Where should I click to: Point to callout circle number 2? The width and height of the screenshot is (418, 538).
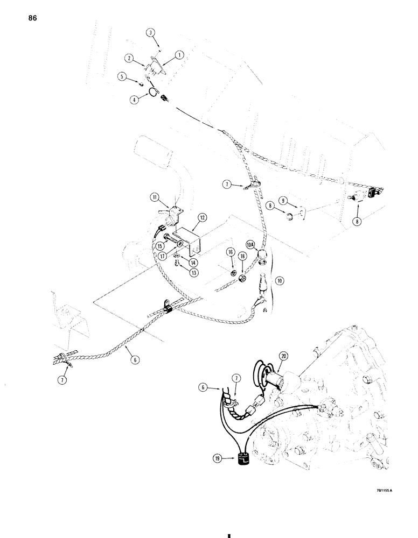pyautogui.click(x=130, y=56)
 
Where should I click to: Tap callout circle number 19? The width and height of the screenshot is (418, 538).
pyautogui.click(x=218, y=459)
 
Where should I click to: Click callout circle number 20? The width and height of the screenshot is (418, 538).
pyautogui.click(x=284, y=355)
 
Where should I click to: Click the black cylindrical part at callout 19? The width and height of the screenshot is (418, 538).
pyautogui.click(x=241, y=459)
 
